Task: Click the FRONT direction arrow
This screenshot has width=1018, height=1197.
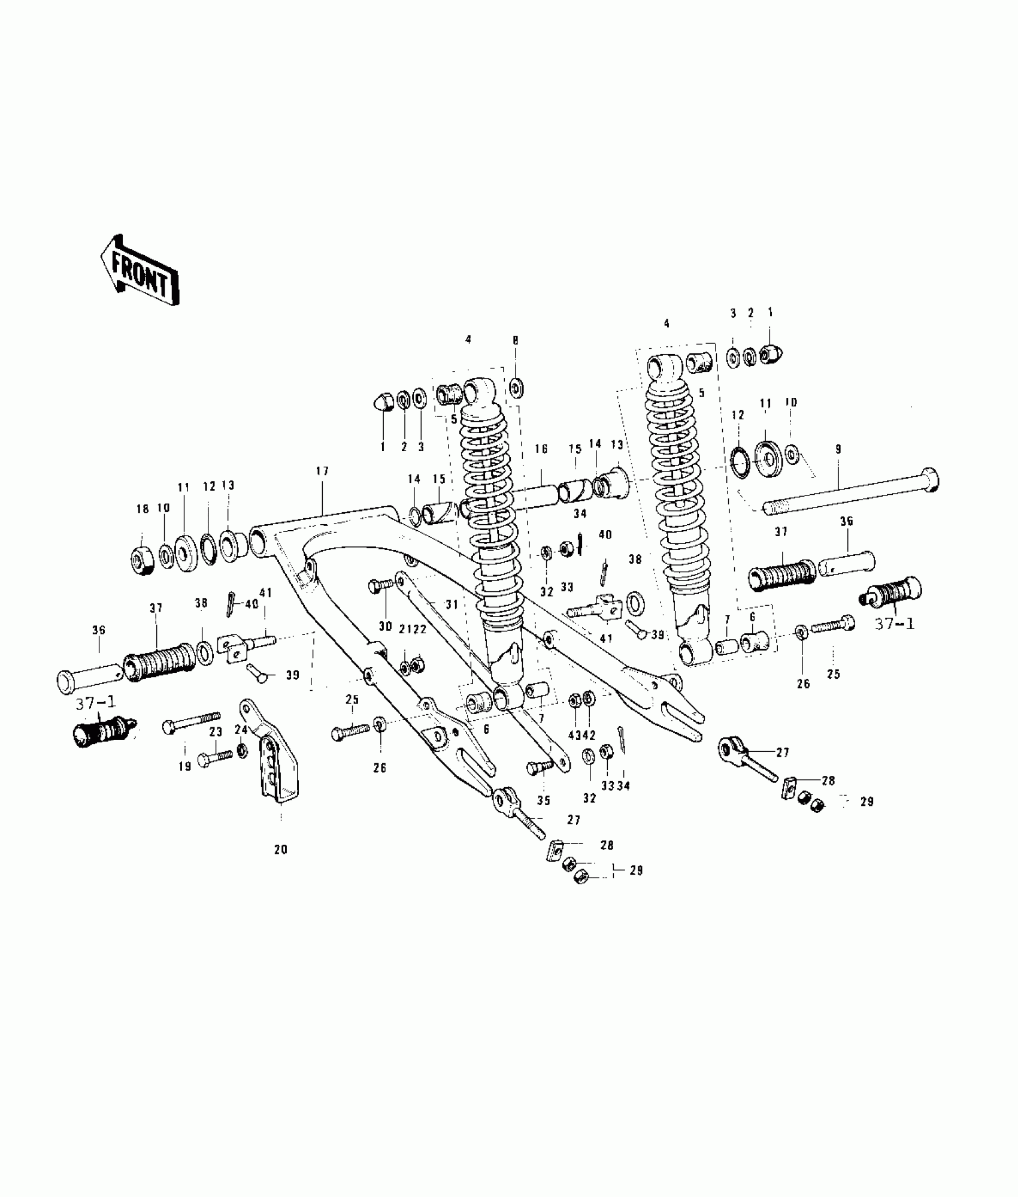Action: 140,271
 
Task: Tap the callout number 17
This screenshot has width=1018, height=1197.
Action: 322,471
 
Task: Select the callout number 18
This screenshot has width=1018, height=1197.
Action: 142,509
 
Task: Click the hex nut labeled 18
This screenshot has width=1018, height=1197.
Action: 142,561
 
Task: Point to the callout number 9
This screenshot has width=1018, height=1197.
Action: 838,448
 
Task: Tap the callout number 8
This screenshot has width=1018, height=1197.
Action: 515,341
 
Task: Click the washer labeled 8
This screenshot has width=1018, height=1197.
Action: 516,388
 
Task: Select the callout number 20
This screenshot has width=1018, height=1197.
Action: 281,849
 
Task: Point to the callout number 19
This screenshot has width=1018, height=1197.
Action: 185,766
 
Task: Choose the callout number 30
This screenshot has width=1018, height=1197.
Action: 385,627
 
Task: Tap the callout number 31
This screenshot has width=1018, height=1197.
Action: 452,605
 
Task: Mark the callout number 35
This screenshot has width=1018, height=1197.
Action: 544,801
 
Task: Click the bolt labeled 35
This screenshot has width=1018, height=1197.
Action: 535,769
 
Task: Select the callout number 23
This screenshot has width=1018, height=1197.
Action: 216,731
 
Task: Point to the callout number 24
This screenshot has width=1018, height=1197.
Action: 241,730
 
